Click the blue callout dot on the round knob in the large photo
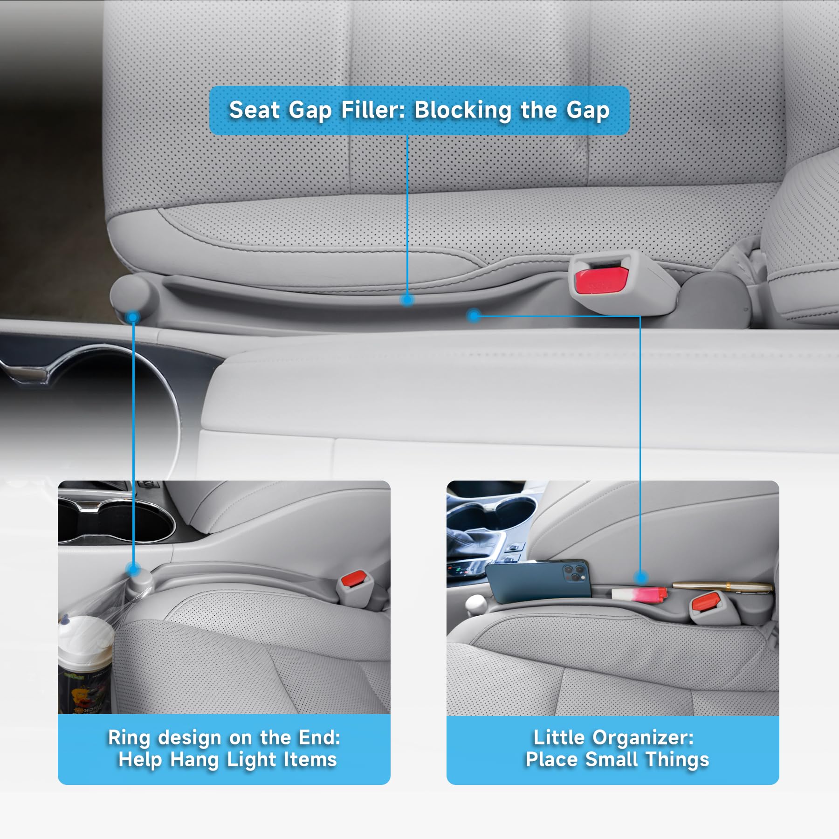[133, 317]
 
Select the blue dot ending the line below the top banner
[407, 300]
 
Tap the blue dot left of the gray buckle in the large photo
[474, 316]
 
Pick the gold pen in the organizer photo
[722, 586]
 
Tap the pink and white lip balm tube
[639, 594]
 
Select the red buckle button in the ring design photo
[353, 579]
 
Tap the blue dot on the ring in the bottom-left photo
[133, 569]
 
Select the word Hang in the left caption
[194, 760]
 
